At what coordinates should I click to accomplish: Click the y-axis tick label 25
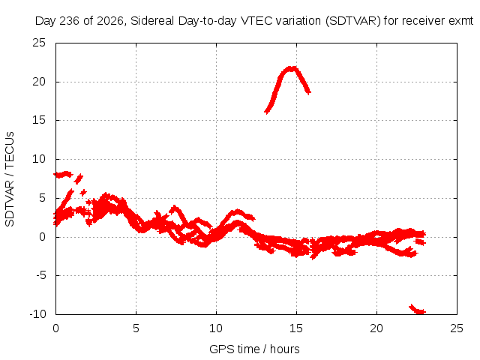pos(39,43)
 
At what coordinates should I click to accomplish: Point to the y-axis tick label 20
pos(39,82)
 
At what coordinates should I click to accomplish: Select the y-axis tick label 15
pos(39,120)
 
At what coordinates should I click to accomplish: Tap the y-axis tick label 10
pos(39,159)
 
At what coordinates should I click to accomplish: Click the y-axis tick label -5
pos(41,275)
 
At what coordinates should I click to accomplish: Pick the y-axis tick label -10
pos(37,314)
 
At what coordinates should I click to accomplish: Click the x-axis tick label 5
pos(136,328)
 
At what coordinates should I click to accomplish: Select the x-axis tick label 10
pos(216,328)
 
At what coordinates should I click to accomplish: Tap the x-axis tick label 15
pos(296,328)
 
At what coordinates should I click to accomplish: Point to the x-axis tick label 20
pos(376,328)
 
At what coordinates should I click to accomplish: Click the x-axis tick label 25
pos(457,328)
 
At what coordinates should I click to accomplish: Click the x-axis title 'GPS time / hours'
pos(254,349)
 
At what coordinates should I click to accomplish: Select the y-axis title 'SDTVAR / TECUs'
pos(10,179)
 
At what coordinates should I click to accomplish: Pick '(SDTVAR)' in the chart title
pos(352,21)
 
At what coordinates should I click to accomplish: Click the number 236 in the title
pos(70,21)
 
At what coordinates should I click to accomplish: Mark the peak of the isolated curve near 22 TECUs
pos(291,68)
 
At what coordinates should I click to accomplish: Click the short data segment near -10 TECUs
pos(418,309)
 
